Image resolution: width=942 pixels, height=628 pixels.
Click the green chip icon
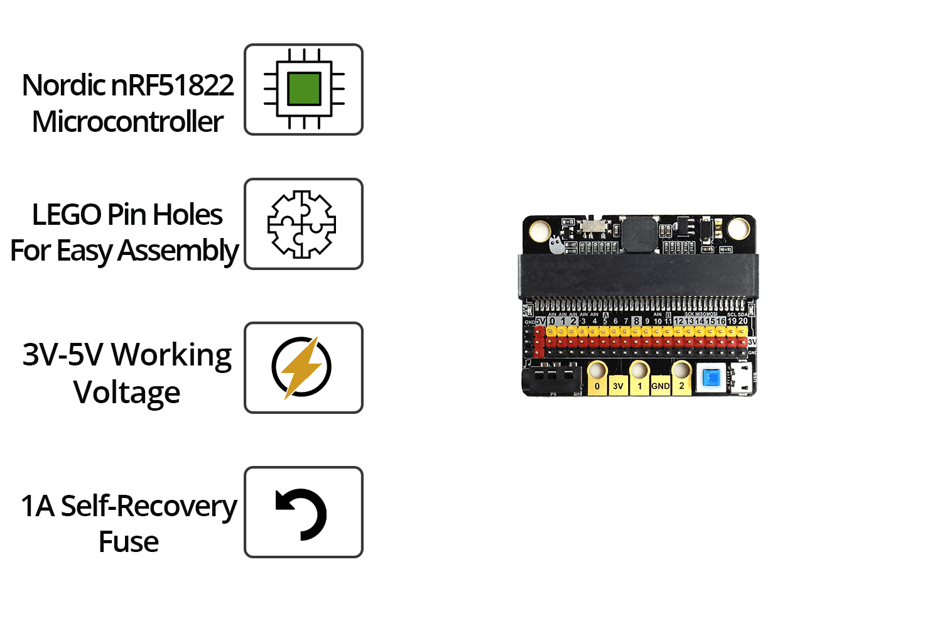pos(304,89)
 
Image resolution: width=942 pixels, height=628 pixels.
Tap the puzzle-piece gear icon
pos(302,224)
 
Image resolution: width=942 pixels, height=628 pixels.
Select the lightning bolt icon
pos(301,367)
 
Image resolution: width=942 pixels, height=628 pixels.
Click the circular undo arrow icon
pos(302,514)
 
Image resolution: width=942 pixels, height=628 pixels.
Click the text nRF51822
pos(172,85)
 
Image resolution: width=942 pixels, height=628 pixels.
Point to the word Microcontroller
pos(127,122)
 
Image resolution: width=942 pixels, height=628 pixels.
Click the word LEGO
pos(67,215)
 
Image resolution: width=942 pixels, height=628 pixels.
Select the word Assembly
pos(178,251)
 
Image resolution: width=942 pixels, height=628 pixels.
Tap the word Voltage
pos(127,393)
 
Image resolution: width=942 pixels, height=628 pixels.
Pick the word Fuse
pos(129,542)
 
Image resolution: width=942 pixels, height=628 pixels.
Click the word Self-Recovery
pos(149,506)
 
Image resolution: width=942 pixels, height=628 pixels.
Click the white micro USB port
pos(742,378)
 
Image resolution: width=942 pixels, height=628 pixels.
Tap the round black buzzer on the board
pos(639,234)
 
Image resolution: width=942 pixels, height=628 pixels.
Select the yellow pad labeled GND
pos(660,384)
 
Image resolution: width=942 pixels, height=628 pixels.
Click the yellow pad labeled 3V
pos(618,384)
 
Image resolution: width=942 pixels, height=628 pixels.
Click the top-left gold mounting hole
pos(539,230)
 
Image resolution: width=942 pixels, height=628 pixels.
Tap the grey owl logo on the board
pos(555,244)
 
